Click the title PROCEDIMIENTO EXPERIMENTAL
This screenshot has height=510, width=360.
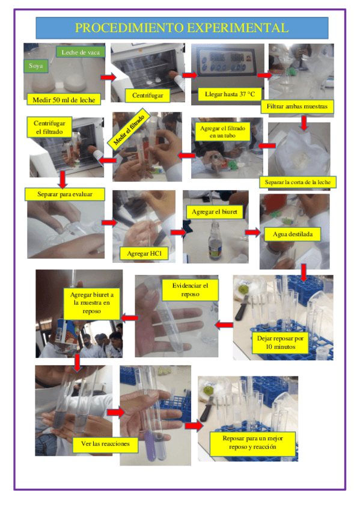click(x=182, y=28)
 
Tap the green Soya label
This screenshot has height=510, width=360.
click(x=35, y=66)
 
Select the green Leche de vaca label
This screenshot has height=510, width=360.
click(x=81, y=52)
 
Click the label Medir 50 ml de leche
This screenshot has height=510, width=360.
click(x=64, y=100)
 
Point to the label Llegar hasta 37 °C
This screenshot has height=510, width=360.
click(x=230, y=94)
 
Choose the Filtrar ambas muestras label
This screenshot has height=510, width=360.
click(x=297, y=106)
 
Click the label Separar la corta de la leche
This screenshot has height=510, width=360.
click(x=297, y=182)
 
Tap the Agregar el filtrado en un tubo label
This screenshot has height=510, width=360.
click(x=222, y=132)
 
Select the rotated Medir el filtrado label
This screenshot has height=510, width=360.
click(x=129, y=130)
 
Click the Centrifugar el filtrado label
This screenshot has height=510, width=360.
click(x=49, y=127)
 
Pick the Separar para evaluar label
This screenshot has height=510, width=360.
click(x=65, y=194)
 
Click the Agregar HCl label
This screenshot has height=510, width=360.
click(x=144, y=253)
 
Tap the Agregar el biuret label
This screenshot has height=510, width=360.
click(x=215, y=212)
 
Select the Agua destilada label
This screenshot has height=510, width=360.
click(x=293, y=234)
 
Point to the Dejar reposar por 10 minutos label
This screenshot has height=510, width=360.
click(x=281, y=342)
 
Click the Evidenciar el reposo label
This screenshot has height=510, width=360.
click(x=190, y=290)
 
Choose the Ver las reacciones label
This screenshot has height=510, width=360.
click(x=105, y=444)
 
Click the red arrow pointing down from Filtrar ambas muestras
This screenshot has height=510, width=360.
click(x=304, y=123)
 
